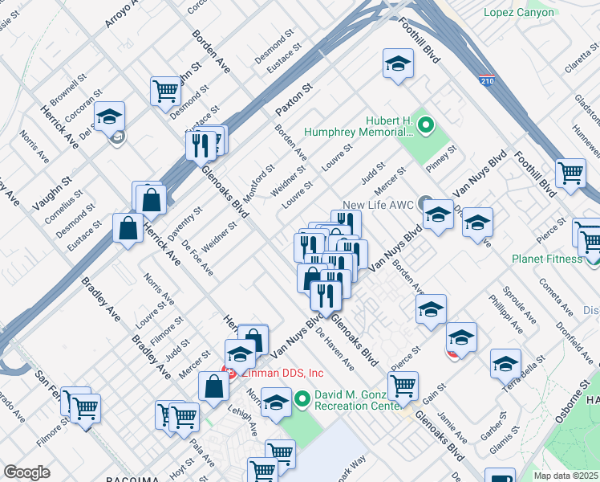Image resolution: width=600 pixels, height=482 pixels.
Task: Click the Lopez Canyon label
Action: tap(519, 12)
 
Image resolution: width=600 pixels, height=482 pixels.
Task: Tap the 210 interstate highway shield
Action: tap(488, 81)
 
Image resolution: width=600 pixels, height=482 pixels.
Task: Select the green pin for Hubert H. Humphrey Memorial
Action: tap(426, 125)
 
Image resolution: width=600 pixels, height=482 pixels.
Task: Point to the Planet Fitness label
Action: tap(547, 259)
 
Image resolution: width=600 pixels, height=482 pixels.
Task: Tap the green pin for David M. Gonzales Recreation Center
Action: tap(302, 398)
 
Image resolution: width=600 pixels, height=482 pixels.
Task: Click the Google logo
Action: tap(26, 472)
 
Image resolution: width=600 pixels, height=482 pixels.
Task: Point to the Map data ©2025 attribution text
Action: tap(566, 476)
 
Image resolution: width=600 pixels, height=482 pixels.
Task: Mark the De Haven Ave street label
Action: tap(334, 346)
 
